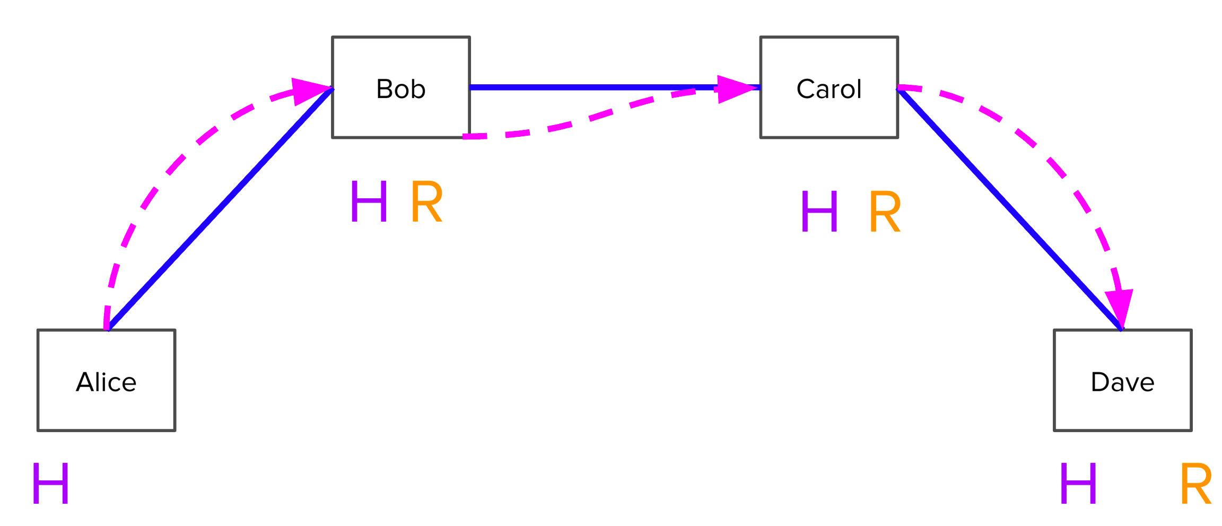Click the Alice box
[106, 380]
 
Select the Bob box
[400, 87]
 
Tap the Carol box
[828, 87]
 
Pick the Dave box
[1122, 380]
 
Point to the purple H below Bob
[369, 201]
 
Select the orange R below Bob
[426, 201]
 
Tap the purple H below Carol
[819, 212]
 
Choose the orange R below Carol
[885, 212]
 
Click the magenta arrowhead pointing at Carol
[735, 89]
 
